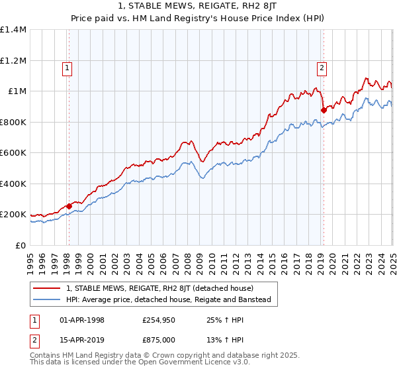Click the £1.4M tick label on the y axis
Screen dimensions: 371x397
(13, 30)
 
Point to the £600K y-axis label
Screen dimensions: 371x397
(13, 153)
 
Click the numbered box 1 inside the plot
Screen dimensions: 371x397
(68, 67)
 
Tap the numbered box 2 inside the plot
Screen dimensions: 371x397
(322, 67)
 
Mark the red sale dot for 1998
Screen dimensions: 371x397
(69, 206)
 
